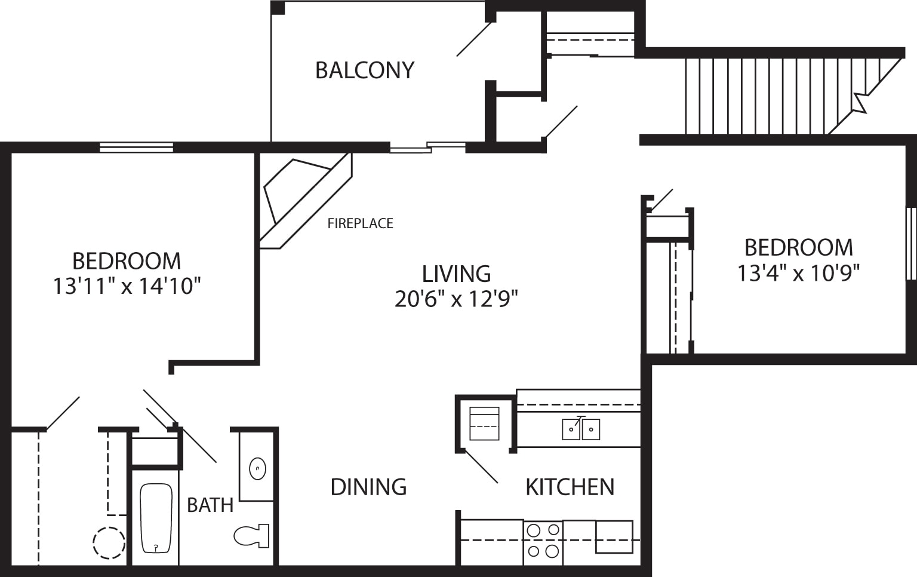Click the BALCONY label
[x=364, y=70]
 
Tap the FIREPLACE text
[x=360, y=223]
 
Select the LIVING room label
[x=456, y=274]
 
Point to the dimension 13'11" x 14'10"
[x=126, y=286]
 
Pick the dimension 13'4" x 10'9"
[x=798, y=273]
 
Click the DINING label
[x=368, y=487]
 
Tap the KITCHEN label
[x=570, y=487]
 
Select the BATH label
[x=210, y=505]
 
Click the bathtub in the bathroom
[x=156, y=518]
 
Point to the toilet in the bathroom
[x=251, y=536]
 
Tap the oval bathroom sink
[x=257, y=469]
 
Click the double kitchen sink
[x=581, y=429]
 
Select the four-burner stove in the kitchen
[x=543, y=541]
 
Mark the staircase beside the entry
[x=776, y=96]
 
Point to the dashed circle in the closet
[x=109, y=543]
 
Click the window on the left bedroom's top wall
[x=136, y=148]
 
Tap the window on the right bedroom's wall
[x=911, y=243]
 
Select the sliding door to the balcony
[x=427, y=147]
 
